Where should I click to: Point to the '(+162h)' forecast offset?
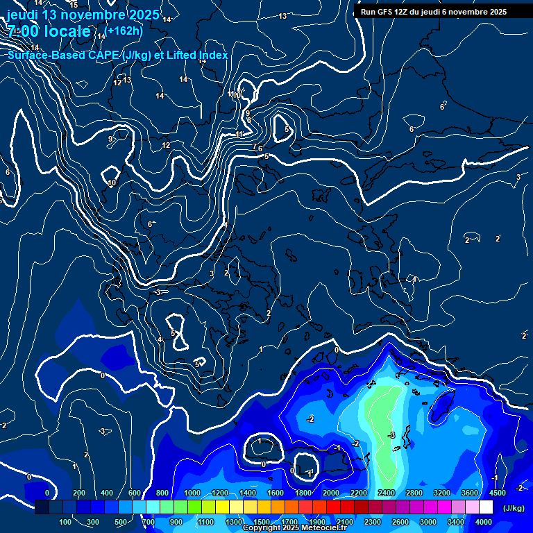click(125, 31)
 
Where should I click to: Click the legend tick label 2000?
click(331, 493)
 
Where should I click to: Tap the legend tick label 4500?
click(497, 493)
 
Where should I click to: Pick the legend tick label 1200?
click(220, 493)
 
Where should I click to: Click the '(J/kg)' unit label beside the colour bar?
click(513, 509)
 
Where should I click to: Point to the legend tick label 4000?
click(484, 522)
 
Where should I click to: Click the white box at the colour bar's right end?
click(484, 507)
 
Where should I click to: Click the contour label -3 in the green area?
click(391, 435)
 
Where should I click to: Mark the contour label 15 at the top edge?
click(74, 5)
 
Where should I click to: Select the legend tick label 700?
click(148, 522)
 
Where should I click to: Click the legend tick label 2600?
click(400, 522)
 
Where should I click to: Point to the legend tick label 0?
click(47, 493)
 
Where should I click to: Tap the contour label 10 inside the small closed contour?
click(111, 183)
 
